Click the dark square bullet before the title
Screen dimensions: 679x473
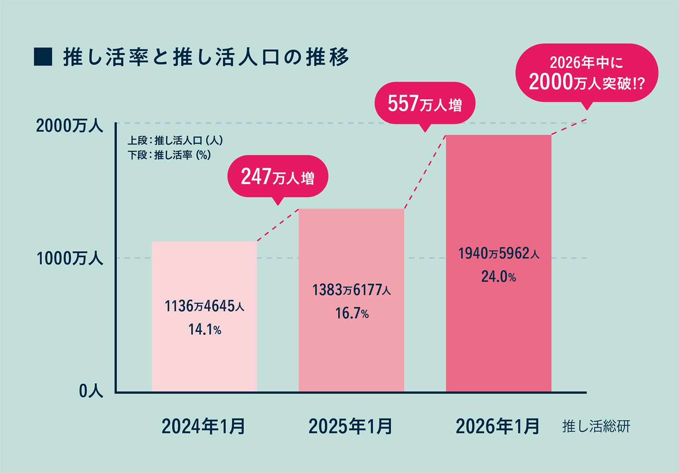pyautogui.click(x=43, y=57)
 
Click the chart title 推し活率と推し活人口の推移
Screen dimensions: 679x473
pyautogui.click(x=206, y=57)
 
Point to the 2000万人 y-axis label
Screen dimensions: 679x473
pyautogui.click(x=70, y=126)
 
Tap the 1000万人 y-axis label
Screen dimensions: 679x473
pyautogui.click(x=70, y=259)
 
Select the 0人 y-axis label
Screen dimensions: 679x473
pyautogui.click(x=91, y=391)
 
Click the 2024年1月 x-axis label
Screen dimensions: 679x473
pyautogui.click(x=203, y=426)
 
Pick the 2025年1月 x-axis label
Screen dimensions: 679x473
pyautogui.click(x=351, y=426)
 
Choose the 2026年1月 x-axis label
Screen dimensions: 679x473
pyautogui.click(x=498, y=426)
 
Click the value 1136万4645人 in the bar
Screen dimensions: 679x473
pyautogui.click(x=204, y=306)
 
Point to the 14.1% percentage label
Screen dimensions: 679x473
pyautogui.click(x=205, y=329)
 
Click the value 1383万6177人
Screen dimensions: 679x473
pyautogui.click(x=352, y=290)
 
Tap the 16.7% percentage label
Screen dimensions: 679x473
pyautogui.click(x=352, y=313)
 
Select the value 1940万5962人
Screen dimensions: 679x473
pyautogui.click(x=499, y=254)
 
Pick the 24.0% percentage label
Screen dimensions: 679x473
pyautogui.click(x=499, y=277)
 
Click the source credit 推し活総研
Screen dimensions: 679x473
pyautogui.click(x=596, y=427)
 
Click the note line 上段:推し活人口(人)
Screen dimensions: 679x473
pyautogui.click(x=175, y=140)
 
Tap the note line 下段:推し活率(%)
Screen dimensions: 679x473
pyautogui.click(x=169, y=155)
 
